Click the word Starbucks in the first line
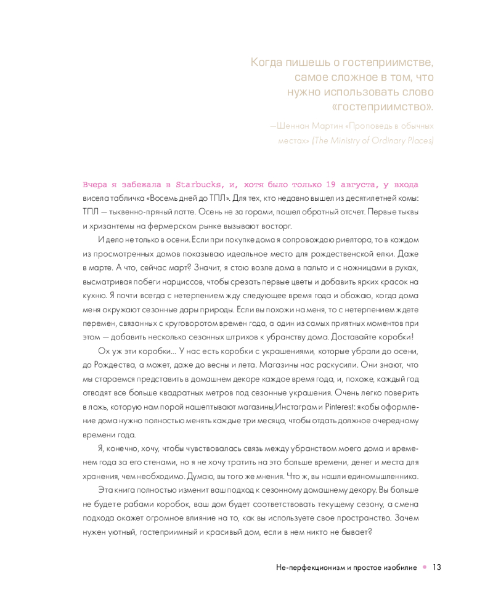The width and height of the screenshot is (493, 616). [x=195, y=184]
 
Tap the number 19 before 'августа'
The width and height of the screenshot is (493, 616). [x=333, y=184]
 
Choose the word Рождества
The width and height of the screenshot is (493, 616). [x=114, y=365]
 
